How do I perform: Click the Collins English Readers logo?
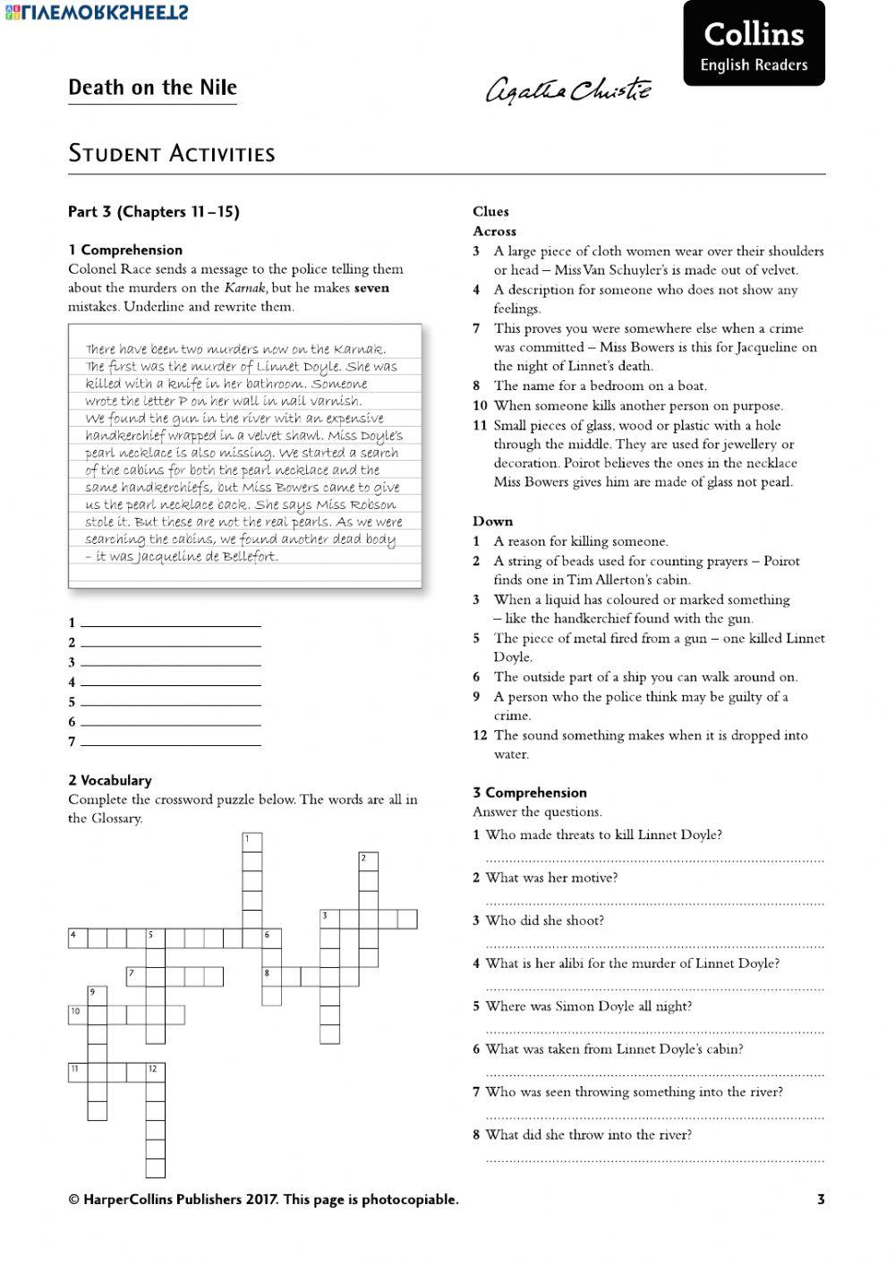[x=754, y=45]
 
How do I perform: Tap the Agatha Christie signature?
[x=568, y=90]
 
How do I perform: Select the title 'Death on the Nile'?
[x=152, y=88]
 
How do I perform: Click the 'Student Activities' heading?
[x=171, y=153]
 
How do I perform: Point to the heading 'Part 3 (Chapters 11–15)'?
[x=154, y=212]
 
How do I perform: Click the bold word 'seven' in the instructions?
[x=371, y=288]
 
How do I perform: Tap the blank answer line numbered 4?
[x=170, y=683]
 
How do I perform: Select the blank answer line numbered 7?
[x=170, y=742]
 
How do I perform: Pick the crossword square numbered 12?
[x=156, y=1072]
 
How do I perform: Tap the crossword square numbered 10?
[x=78, y=1014]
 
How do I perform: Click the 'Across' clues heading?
[x=494, y=231]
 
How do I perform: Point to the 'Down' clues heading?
[x=492, y=522]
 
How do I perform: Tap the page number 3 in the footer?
[x=821, y=1200]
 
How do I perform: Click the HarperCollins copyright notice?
[x=263, y=1200]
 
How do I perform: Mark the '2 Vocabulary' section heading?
[x=110, y=780]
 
